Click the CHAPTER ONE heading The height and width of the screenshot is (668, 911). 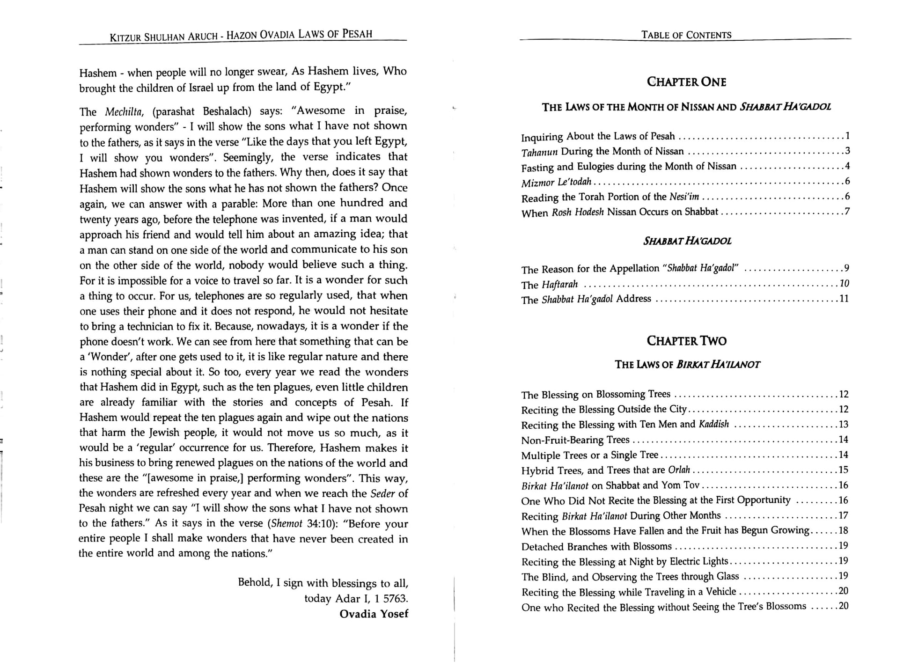click(686, 82)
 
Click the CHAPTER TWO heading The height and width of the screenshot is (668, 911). click(686, 341)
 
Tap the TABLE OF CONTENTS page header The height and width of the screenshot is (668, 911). click(686, 35)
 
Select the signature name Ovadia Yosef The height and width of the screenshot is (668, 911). click(374, 614)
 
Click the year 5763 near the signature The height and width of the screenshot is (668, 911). click(392, 598)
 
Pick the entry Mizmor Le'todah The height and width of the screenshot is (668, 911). click(556, 182)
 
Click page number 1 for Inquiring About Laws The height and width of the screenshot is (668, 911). click(847, 136)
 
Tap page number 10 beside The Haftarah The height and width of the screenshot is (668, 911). click(844, 283)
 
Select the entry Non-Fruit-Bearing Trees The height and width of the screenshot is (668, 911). click(575, 440)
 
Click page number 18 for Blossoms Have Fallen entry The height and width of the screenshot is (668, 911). click(843, 530)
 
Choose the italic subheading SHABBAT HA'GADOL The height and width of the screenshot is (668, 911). click(687, 241)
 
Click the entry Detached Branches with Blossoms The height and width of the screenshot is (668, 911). click(596, 546)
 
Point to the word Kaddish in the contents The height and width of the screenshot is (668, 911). click(713, 424)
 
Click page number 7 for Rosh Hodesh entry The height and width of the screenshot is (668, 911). click(847, 211)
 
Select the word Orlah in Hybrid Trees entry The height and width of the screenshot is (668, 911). click(679, 470)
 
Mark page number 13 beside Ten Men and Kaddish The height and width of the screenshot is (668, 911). click(843, 424)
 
